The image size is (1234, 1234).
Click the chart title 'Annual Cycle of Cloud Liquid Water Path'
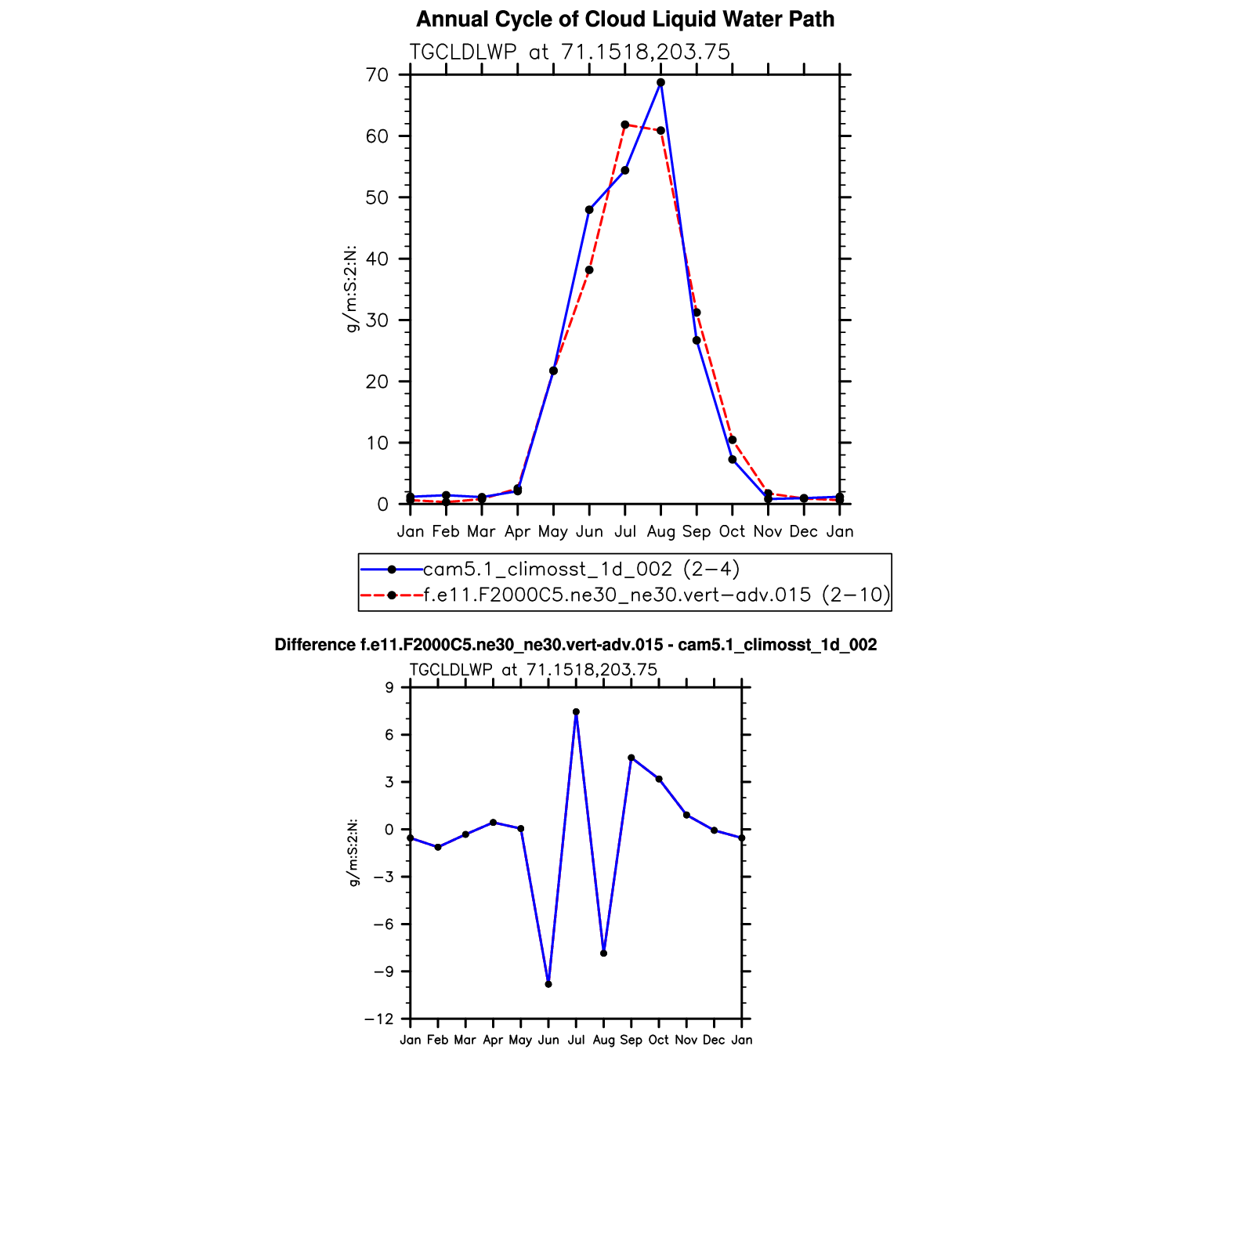point(624,20)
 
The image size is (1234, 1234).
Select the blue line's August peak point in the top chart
point(660,82)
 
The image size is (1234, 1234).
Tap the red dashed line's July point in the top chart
point(624,125)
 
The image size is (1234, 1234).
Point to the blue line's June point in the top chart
point(589,210)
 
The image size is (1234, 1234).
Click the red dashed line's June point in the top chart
point(589,270)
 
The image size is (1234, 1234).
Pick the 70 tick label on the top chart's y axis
point(377,75)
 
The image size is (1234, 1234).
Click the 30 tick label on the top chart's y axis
point(377,320)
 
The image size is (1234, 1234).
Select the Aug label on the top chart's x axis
point(660,532)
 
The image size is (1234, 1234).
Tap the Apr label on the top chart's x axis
point(517,532)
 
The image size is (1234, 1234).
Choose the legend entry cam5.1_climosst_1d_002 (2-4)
point(581,569)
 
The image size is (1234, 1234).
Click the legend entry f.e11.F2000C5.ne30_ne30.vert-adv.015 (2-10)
point(657,595)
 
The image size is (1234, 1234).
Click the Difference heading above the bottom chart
point(575,645)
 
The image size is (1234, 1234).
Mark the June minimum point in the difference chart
point(548,984)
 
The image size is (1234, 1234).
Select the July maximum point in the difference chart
point(576,712)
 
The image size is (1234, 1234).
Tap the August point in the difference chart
point(603,953)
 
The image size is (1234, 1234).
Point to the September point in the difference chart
point(631,758)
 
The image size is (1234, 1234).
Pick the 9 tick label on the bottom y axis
point(389,688)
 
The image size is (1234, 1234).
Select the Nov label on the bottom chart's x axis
point(686,1040)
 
